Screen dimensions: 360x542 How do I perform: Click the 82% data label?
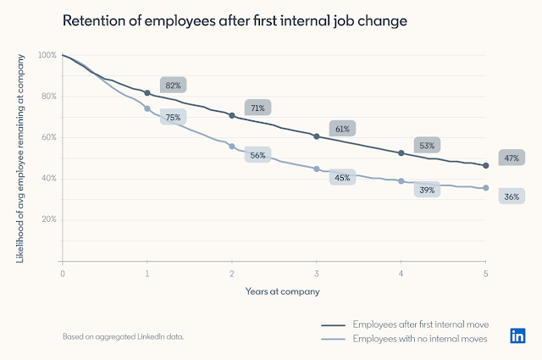(x=172, y=85)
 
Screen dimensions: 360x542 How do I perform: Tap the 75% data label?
(x=173, y=117)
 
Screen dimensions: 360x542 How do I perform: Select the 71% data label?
(x=257, y=108)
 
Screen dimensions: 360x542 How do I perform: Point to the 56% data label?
(x=257, y=155)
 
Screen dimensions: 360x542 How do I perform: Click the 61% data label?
(x=342, y=129)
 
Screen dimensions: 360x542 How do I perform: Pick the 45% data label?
(x=342, y=178)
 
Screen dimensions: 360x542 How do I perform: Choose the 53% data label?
(x=426, y=146)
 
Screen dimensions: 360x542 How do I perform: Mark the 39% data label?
(x=426, y=190)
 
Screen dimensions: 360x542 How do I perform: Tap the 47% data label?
(x=511, y=158)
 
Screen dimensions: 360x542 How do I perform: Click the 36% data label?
(x=511, y=197)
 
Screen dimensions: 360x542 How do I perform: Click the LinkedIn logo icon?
(x=516, y=335)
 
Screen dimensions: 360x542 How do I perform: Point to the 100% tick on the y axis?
(x=47, y=55)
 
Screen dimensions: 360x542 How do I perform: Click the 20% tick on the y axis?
(x=49, y=219)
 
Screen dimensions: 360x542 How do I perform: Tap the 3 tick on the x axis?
(x=316, y=274)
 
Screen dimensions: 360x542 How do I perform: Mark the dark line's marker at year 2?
(x=231, y=115)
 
